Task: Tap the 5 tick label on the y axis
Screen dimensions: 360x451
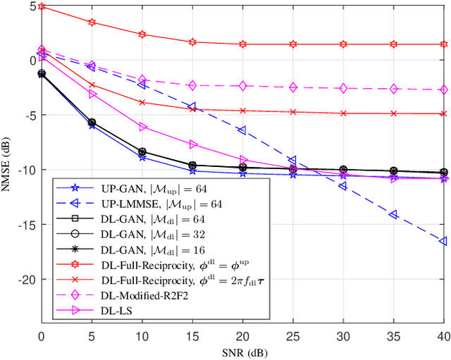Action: pyautogui.click(x=32, y=6)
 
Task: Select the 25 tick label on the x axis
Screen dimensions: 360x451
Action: pyautogui.click(x=293, y=337)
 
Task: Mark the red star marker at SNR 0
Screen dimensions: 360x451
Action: pyautogui.click(x=42, y=6)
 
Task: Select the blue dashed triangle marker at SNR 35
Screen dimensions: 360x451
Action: pyautogui.click(x=393, y=214)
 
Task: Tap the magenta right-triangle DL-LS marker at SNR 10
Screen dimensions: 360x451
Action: pyautogui.click(x=142, y=127)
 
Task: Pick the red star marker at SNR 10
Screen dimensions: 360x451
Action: pyautogui.click(x=142, y=34)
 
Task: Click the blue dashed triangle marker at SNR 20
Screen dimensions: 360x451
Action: pyautogui.click(x=242, y=130)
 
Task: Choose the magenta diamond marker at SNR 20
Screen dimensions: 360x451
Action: pyautogui.click(x=242, y=86)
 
